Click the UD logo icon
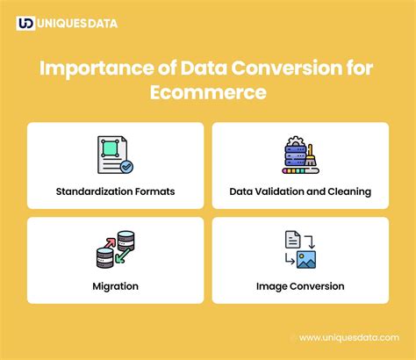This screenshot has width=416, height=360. (25, 24)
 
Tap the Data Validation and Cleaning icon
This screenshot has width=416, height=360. (300, 155)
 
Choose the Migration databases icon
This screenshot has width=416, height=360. (115, 248)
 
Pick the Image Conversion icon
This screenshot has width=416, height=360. (300, 248)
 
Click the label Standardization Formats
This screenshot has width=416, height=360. (115, 191)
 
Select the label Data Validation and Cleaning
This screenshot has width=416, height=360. (300, 191)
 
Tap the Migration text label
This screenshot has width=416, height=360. (115, 285)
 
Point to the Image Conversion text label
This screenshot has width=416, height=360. (300, 285)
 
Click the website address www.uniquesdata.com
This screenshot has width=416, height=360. (350, 337)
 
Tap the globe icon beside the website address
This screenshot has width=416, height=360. (293, 337)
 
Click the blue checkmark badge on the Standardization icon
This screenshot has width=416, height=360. (127, 165)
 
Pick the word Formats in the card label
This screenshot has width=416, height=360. (154, 191)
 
